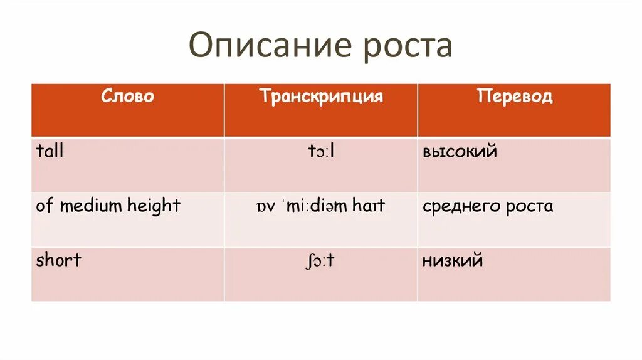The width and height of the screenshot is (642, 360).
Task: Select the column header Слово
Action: (127, 97)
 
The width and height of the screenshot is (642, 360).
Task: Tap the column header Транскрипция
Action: (321, 97)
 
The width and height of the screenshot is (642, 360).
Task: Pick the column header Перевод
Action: (514, 97)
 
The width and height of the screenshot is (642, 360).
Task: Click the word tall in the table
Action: (50, 151)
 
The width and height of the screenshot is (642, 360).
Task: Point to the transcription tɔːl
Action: (320, 151)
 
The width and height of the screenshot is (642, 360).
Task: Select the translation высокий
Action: (460, 151)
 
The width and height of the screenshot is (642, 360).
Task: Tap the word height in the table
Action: (154, 206)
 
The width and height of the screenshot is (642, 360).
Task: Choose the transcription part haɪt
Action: (369, 206)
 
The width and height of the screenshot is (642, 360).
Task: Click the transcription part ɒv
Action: (265, 206)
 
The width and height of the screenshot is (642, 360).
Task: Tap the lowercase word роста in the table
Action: (530, 206)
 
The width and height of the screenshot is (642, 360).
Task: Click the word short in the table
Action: (59, 260)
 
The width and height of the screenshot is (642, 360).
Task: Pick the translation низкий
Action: (453, 260)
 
